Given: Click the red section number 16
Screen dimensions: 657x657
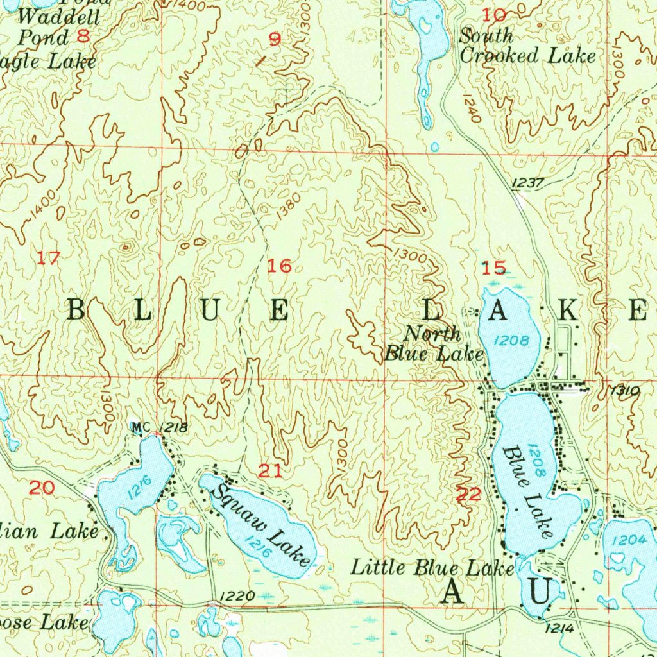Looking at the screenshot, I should pos(280,266).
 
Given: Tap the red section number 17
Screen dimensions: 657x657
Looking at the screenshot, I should pos(48,259).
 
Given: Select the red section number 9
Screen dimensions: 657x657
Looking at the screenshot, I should pos(275,40).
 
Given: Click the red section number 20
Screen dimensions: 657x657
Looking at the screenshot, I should pos(42,488).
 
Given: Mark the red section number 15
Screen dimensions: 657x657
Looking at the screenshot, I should pos(494,268).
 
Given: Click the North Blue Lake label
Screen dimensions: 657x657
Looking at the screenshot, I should pos(434,344).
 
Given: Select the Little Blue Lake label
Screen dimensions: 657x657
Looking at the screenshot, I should pos(432,567).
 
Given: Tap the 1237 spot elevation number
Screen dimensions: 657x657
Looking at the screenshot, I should pos(528,183).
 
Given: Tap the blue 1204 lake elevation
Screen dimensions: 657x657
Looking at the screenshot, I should pos(629,540).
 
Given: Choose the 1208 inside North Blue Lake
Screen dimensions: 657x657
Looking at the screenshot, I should pos(512,340).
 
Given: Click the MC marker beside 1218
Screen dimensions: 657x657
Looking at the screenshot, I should pos(140,427).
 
